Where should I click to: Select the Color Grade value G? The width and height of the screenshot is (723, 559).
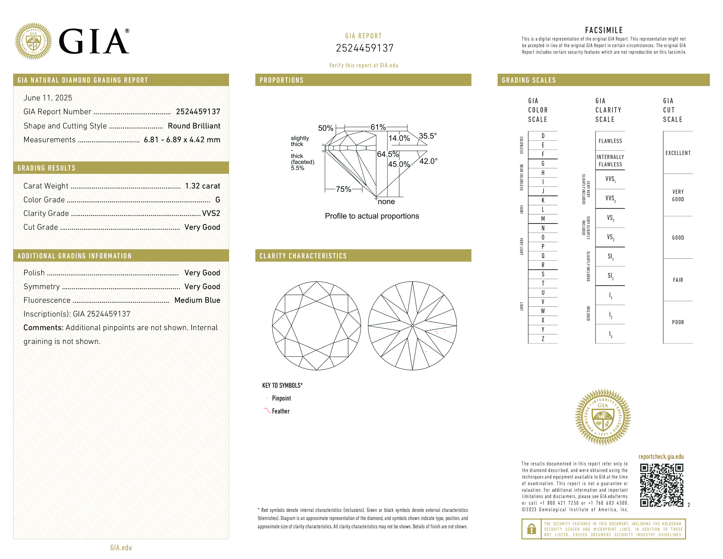(218, 200)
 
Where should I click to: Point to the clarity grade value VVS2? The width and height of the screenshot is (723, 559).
(211, 213)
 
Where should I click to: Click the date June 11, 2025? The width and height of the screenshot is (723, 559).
(48, 98)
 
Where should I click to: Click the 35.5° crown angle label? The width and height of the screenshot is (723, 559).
(428, 136)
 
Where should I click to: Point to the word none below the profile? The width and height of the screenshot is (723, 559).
(386, 202)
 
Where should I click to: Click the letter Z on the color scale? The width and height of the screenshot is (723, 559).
(543, 339)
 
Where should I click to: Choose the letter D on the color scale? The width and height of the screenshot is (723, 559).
(543, 136)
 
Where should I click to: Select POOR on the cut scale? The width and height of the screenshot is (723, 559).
(678, 322)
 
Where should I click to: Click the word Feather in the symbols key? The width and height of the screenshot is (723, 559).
(281, 411)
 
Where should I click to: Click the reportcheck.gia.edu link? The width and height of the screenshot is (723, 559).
(661, 457)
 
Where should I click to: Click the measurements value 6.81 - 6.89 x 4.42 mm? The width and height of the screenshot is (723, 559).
(182, 140)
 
